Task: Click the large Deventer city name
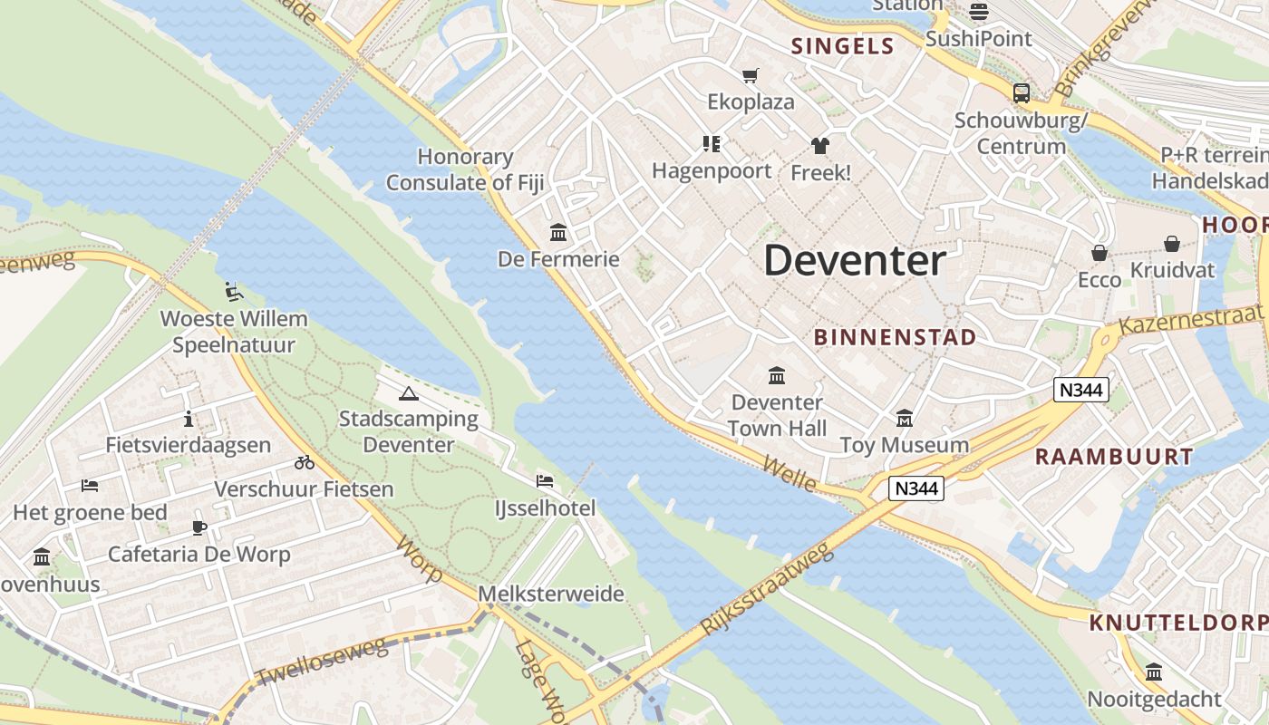tap(855, 261)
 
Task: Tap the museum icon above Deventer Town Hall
tap(777, 375)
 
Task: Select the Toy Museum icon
tap(905, 419)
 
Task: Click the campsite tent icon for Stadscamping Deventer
tap(409, 393)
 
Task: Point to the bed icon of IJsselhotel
tap(545, 481)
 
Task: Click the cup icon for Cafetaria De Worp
tap(199, 527)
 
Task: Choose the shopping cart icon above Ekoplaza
tap(750, 75)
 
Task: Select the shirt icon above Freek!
tap(820, 145)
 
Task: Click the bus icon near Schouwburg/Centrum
tap(1022, 92)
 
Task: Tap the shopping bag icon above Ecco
tap(1099, 253)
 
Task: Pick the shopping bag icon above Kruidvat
tap(1172, 243)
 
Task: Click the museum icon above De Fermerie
tap(558, 233)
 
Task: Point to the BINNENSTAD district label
tap(895, 338)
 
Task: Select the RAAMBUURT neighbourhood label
tap(1114, 457)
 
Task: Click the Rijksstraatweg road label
tap(767, 589)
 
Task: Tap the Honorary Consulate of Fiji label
tap(465, 169)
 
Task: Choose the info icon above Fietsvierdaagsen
tap(189, 419)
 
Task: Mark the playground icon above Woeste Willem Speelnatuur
tap(234, 292)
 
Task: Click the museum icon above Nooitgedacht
tap(1154, 672)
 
